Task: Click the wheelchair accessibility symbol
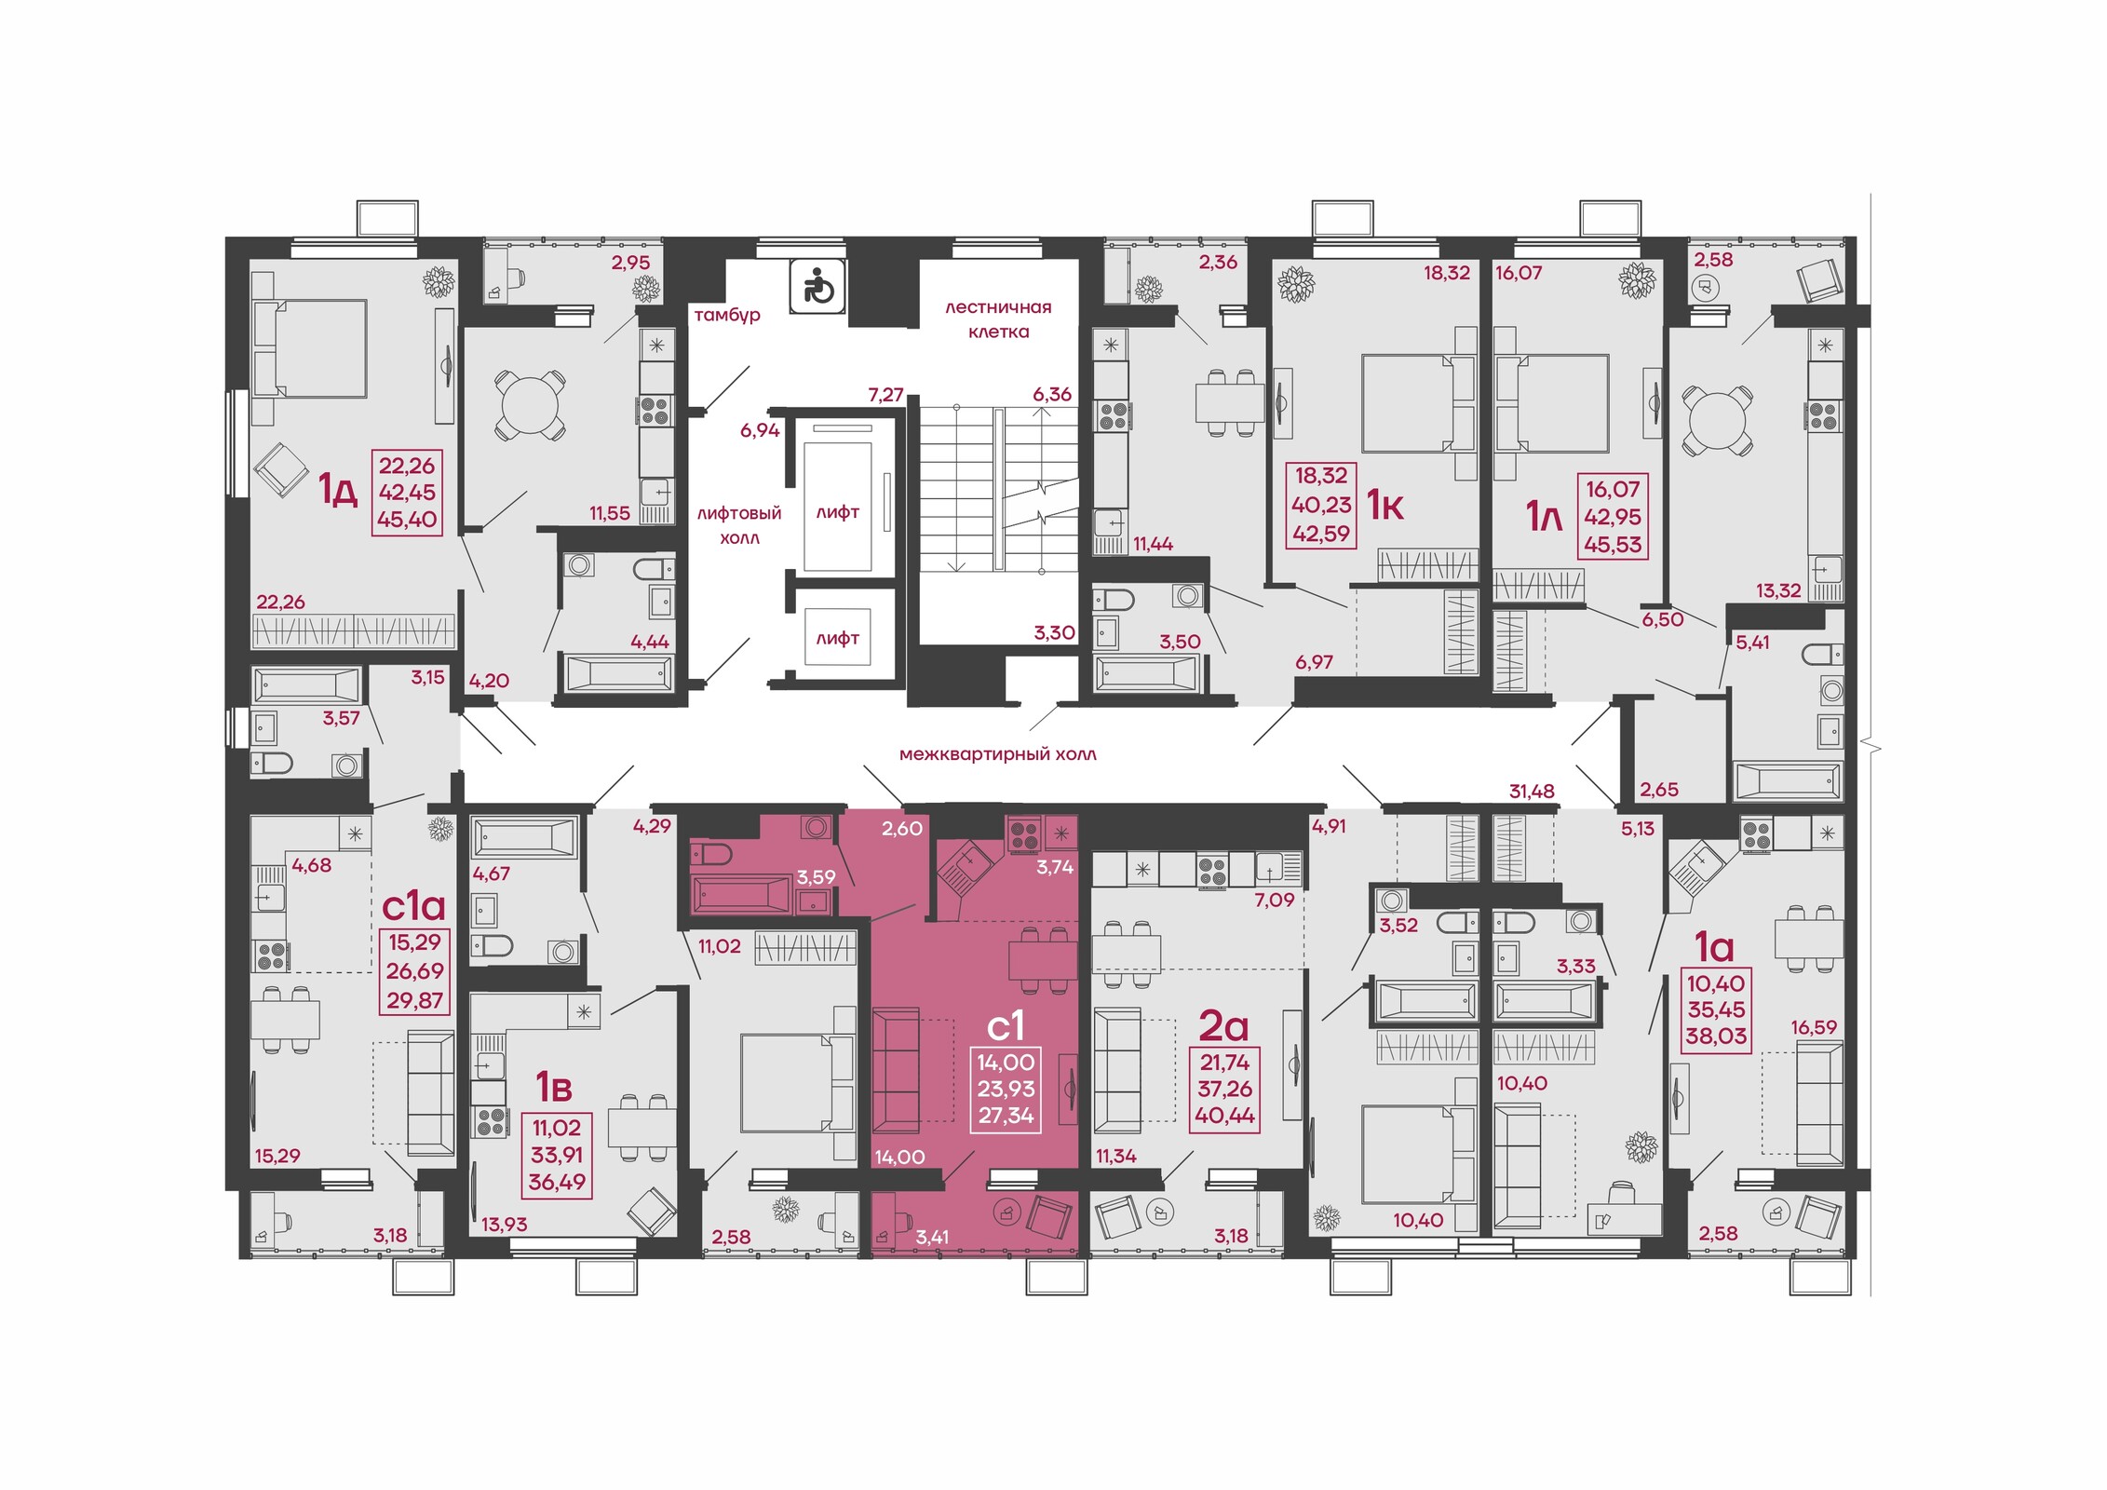point(817,285)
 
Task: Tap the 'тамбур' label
point(727,315)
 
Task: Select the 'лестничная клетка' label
point(998,319)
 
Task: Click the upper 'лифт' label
point(838,512)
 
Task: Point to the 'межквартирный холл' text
point(998,754)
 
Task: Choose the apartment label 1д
point(338,488)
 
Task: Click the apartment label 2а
point(1222,1025)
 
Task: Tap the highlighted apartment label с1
point(1006,1025)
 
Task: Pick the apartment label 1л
point(1544,517)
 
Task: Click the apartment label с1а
point(414,905)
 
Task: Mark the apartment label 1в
point(553,1086)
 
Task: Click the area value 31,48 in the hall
point(1532,791)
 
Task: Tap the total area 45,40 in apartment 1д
point(407,520)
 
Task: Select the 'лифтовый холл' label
point(739,525)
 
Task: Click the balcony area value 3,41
point(932,1237)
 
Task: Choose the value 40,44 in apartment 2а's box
point(1224,1115)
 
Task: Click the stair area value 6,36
point(1052,394)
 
